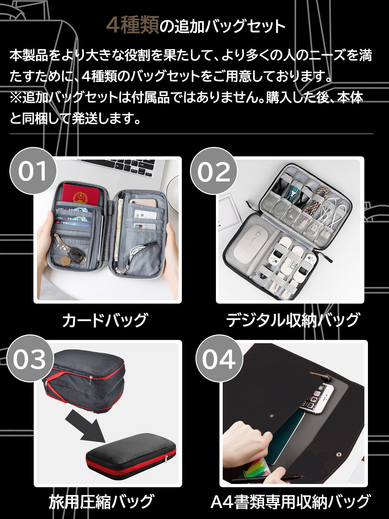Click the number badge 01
[x=33, y=171]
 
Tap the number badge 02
[x=214, y=171]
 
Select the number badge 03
[x=30, y=358]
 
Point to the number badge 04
[x=219, y=358]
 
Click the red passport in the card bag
[x=80, y=195]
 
